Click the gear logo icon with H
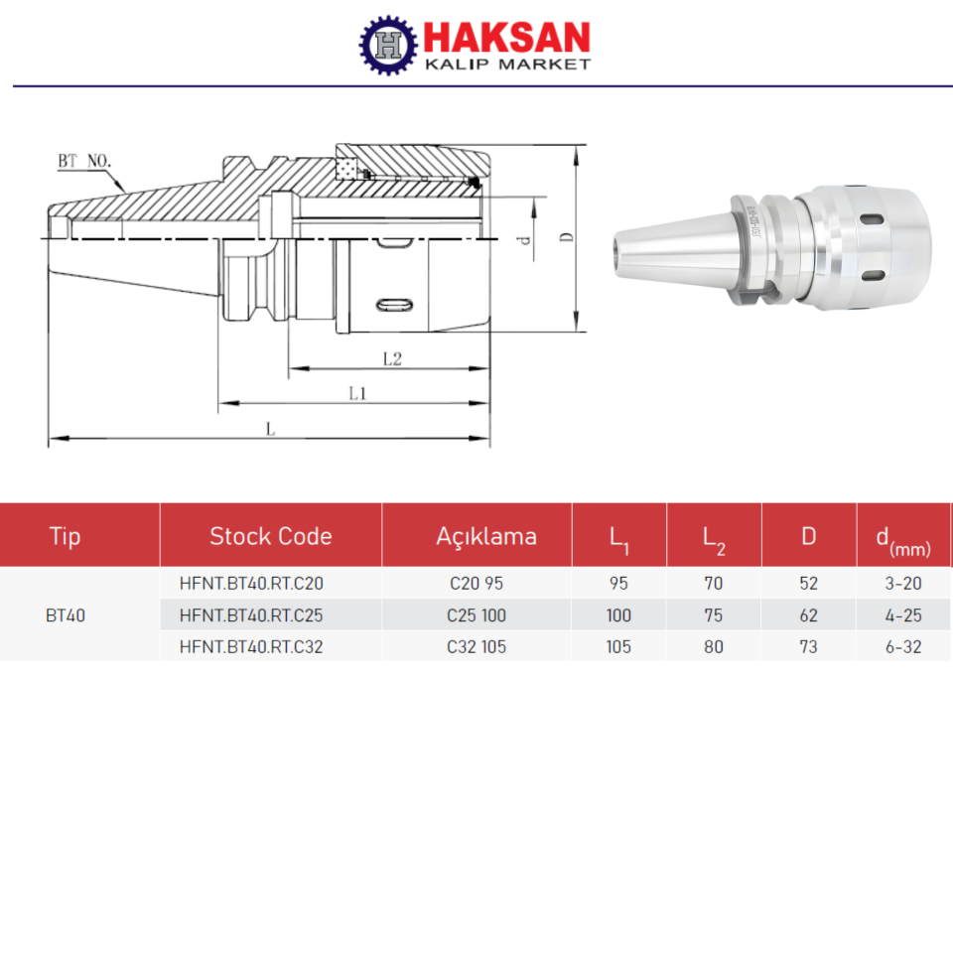tap(388, 45)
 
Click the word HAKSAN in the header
tap(506, 38)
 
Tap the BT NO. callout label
tap(84, 160)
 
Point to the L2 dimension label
tap(392, 358)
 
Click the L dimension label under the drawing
tap(269, 428)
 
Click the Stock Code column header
tap(270, 537)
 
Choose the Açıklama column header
tap(486, 537)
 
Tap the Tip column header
tap(66, 537)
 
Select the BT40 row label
tap(66, 615)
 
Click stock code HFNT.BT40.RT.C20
tap(251, 584)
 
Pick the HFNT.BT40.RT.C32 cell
tap(251, 647)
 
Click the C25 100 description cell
tap(476, 615)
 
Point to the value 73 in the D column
tap(808, 647)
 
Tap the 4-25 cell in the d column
tap(903, 615)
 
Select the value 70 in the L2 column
tap(713, 584)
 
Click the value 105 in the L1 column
tap(618, 647)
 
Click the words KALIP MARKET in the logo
tap(506, 65)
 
